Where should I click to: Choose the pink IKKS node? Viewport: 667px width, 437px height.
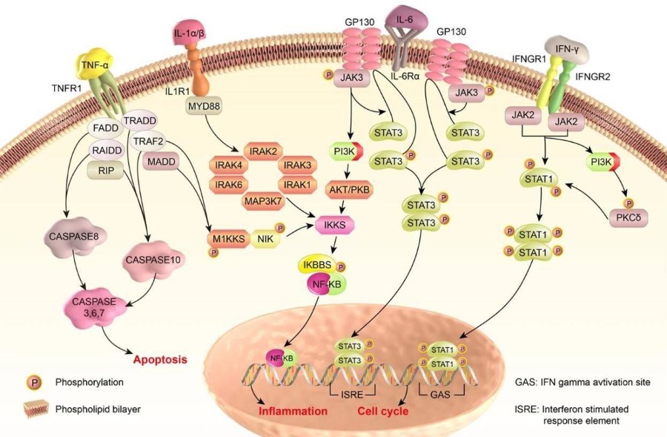click(x=335, y=222)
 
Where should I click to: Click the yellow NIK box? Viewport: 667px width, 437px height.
click(x=265, y=238)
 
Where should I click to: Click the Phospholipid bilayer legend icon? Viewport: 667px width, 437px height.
click(x=30, y=409)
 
